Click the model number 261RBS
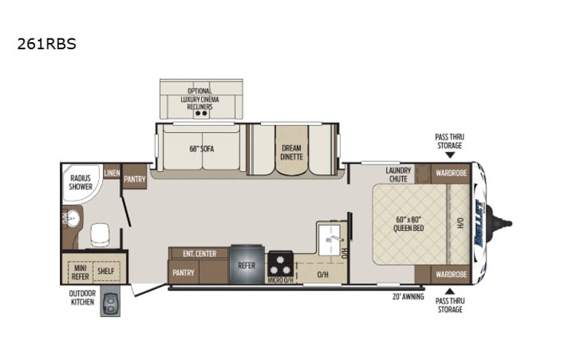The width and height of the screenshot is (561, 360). [46, 45]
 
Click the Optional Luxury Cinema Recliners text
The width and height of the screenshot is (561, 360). [201, 99]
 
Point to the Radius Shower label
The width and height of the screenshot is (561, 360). [81, 182]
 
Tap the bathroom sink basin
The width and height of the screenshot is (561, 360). [72, 220]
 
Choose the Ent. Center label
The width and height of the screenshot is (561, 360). [199, 253]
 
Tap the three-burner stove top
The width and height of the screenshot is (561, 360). [281, 266]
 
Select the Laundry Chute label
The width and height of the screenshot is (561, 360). [399, 175]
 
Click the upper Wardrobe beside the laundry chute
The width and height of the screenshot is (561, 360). [450, 173]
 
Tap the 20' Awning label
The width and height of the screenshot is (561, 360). [408, 296]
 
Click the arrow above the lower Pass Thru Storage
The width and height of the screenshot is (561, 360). [450, 291]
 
